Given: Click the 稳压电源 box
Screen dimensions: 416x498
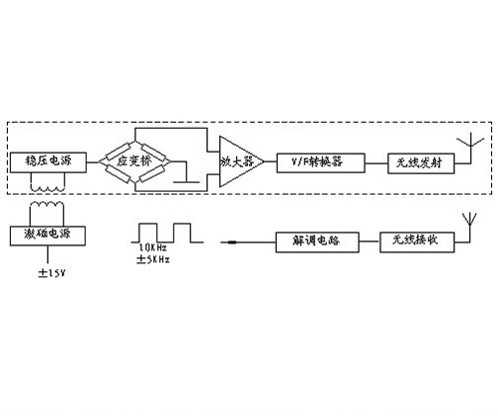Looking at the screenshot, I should pyautogui.click(x=47, y=161).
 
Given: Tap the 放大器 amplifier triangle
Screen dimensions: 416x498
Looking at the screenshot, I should pyautogui.click(x=236, y=161).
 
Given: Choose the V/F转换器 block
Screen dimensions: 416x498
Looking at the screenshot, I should pyautogui.click(x=318, y=161).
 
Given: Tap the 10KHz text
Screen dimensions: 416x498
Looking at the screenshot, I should pyautogui.click(x=153, y=245).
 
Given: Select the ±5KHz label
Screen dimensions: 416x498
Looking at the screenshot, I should pyautogui.click(x=155, y=258).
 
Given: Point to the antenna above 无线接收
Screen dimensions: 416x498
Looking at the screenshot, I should pyautogui.click(x=463, y=221).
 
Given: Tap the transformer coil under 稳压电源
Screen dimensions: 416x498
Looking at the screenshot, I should pyautogui.click(x=48, y=185).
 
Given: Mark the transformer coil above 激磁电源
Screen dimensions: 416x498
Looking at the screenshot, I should pyautogui.click(x=48, y=212).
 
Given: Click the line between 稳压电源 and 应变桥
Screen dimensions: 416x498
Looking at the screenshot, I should pyautogui.click(x=95, y=161).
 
